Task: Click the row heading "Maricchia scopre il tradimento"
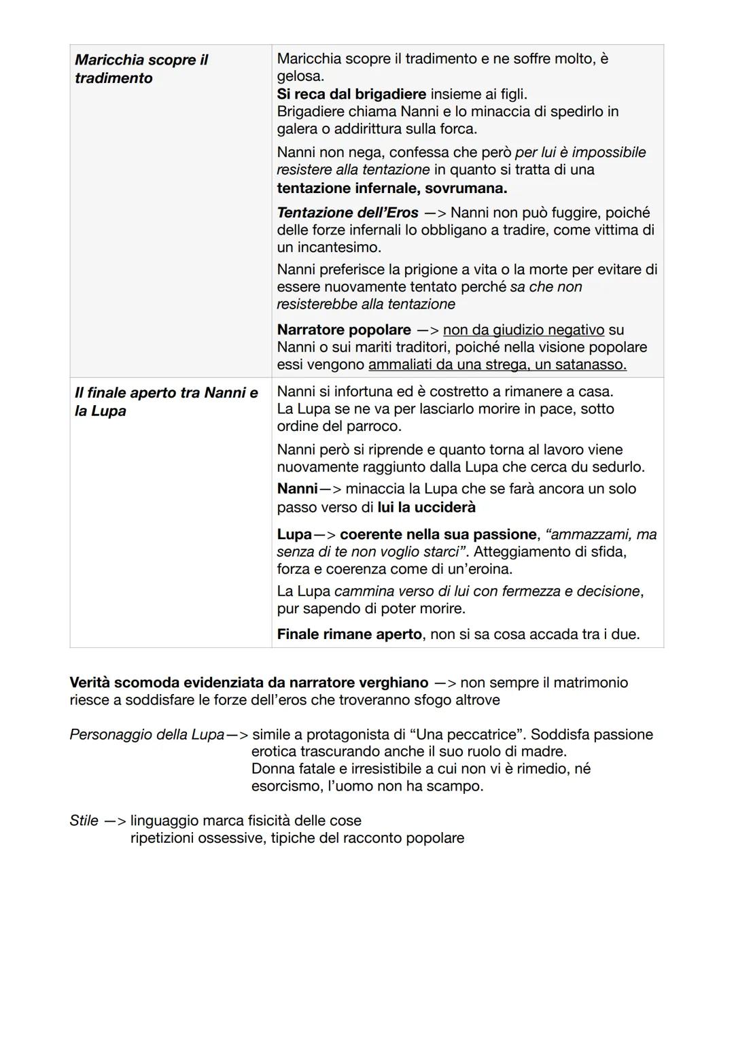[x=141, y=69]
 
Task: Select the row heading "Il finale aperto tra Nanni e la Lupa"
[x=167, y=402]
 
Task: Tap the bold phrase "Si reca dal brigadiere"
[x=351, y=94]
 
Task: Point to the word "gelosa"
[x=299, y=76]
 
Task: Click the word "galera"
[x=298, y=128]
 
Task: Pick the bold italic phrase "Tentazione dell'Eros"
[x=347, y=213]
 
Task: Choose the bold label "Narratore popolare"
[x=344, y=330]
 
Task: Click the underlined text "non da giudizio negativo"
[x=523, y=330]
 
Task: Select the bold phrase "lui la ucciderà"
[x=426, y=507]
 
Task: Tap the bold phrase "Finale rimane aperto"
[x=349, y=634]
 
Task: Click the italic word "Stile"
[x=84, y=820]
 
